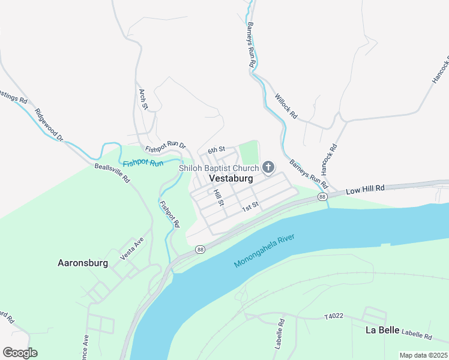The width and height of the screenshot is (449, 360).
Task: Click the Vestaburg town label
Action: click(x=231, y=179)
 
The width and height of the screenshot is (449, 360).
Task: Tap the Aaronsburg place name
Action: click(x=82, y=263)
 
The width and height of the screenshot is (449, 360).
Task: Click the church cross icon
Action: click(x=268, y=167)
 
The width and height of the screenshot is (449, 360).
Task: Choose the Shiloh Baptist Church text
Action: click(x=218, y=168)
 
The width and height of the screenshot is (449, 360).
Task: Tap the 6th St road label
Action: click(x=216, y=149)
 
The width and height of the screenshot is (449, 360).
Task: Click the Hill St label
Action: click(x=218, y=197)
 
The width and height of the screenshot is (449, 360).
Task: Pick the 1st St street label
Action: click(x=250, y=208)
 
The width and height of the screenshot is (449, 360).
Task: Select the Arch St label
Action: click(x=143, y=100)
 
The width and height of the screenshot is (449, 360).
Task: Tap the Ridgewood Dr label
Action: click(x=49, y=125)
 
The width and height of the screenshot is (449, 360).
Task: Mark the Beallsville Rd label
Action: click(x=112, y=172)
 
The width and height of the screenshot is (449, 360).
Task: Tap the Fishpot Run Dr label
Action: click(x=166, y=146)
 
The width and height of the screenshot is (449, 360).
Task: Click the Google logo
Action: click(x=20, y=353)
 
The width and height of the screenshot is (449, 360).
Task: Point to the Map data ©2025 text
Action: click(x=422, y=355)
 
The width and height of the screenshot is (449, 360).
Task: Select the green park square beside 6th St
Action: click(x=249, y=151)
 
